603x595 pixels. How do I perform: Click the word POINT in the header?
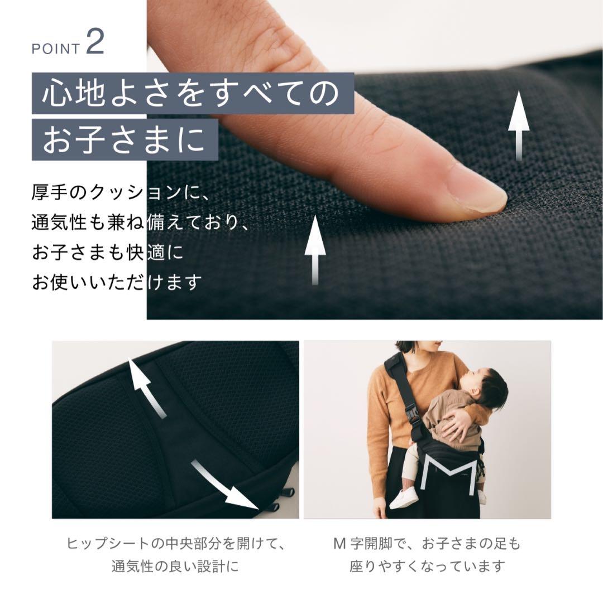(x=56, y=49)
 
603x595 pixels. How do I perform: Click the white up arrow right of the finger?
(x=519, y=125)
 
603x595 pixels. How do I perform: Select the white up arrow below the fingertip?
(x=315, y=250)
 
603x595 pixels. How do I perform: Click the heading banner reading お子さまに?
(x=125, y=139)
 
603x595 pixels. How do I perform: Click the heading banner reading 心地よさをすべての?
(x=193, y=93)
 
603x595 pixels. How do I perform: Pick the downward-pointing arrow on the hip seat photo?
(x=223, y=484)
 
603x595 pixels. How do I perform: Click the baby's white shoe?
(x=404, y=497)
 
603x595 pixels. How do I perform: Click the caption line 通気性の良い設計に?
(x=175, y=566)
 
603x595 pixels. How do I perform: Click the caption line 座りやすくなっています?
(x=427, y=566)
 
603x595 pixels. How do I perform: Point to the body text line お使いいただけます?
(x=117, y=282)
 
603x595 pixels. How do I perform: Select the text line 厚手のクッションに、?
(x=121, y=192)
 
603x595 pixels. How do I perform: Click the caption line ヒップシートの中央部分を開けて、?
(x=175, y=544)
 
